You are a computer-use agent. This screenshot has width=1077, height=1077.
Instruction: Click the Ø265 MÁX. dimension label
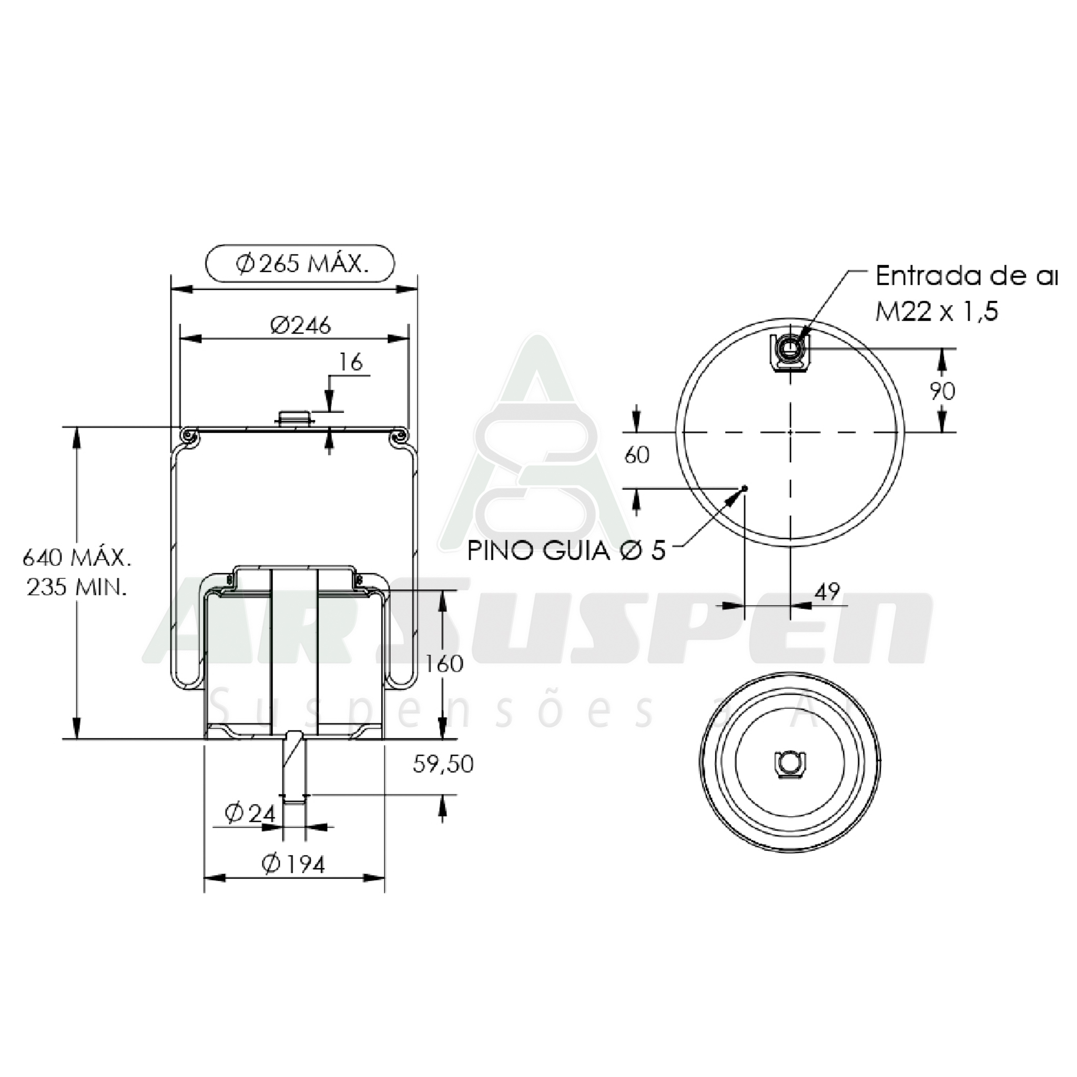pos(301,263)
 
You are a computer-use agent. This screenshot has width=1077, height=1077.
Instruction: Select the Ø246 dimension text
pos(300,325)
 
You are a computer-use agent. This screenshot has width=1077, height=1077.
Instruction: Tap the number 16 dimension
pos(351,362)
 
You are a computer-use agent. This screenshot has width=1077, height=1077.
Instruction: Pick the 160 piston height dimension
pos(444,663)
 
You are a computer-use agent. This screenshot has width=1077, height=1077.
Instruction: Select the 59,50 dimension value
pos(443,764)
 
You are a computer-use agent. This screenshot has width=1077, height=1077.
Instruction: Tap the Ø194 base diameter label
pos(293,865)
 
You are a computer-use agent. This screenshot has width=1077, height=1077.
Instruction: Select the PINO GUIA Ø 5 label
pos(566,551)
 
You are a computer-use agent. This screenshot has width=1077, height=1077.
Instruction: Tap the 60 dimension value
pos(637,455)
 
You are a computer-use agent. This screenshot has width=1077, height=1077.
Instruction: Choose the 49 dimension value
pos(827,592)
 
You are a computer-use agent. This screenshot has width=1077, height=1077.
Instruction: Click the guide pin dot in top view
pos(745,488)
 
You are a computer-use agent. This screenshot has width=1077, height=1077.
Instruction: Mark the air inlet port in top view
pos(790,350)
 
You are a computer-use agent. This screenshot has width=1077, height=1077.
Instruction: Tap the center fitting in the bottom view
pos(790,762)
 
